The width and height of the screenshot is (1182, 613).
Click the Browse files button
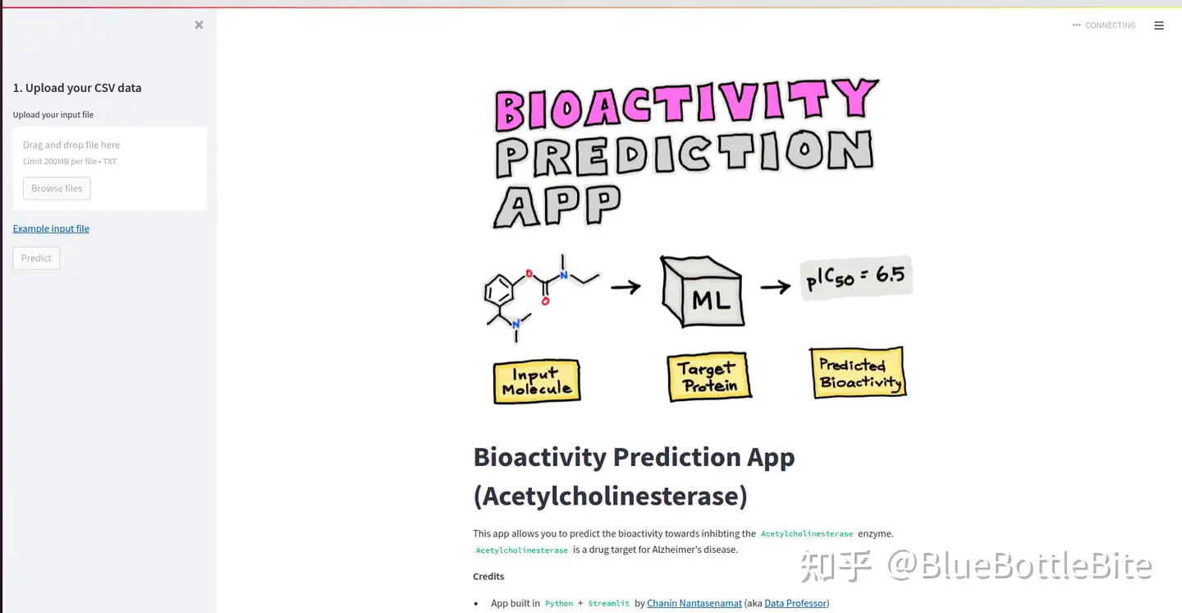[x=57, y=189]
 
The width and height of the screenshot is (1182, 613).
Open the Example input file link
[x=51, y=228]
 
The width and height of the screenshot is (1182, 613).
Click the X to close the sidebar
[x=199, y=25]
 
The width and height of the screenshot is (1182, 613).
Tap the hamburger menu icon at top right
[x=1159, y=25]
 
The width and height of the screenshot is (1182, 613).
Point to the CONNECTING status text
[x=1111, y=25]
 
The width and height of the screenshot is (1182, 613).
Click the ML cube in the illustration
[x=703, y=291]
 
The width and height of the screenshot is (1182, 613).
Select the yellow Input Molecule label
[x=537, y=381]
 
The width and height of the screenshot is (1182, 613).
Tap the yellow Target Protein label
[x=709, y=377]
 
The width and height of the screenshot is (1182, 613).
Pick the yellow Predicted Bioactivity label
[x=859, y=372]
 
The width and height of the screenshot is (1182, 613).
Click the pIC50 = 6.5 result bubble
[x=856, y=278]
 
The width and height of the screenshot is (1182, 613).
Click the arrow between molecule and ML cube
[x=625, y=287]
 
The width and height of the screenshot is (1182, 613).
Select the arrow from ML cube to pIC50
[x=775, y=287]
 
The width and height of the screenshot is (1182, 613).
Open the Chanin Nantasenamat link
[x=694, y=603]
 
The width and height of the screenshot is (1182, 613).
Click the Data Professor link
[x=795, y=603]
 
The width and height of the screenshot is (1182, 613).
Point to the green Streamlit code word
[x=608, y=603]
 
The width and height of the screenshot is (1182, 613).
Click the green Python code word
[x=559, y=603]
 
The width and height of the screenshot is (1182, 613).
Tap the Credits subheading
[x=488, y=576]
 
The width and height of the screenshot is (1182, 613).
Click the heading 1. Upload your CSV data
[x=77, y=88]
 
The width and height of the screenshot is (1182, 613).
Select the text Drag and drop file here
[x=71, y=145]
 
